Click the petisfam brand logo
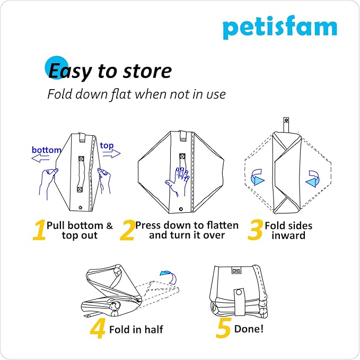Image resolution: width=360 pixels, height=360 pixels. (x=279, y=28)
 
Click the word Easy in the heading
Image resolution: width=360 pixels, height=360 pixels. (x=72, y=71)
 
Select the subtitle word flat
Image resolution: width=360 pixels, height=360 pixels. (x=119, y=94)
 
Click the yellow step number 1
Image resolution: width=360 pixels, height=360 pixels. (x=39, y=231)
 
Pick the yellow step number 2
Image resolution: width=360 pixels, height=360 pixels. (x=127, y=231)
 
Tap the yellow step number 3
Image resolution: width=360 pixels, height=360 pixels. (x=256, y=231)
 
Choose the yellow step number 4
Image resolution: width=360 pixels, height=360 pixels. (x=98, y=329)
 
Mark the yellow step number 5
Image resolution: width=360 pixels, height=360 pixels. (x=223, y=329)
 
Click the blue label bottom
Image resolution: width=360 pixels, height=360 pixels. (x=47, y=150)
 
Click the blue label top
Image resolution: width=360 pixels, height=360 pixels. (x=107, y=145)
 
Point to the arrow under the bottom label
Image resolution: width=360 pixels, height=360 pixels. (x=42, y=158)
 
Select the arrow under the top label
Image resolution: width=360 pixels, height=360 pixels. (x=111, y=154)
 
